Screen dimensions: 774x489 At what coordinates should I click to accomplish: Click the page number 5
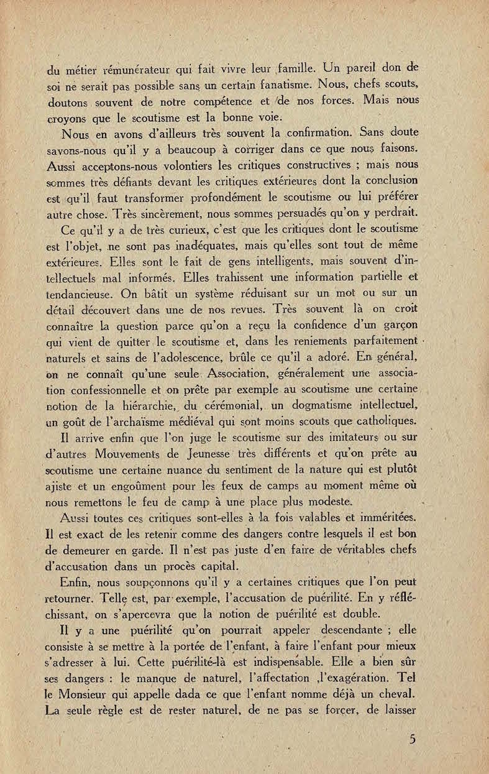[x=412, y=739]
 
